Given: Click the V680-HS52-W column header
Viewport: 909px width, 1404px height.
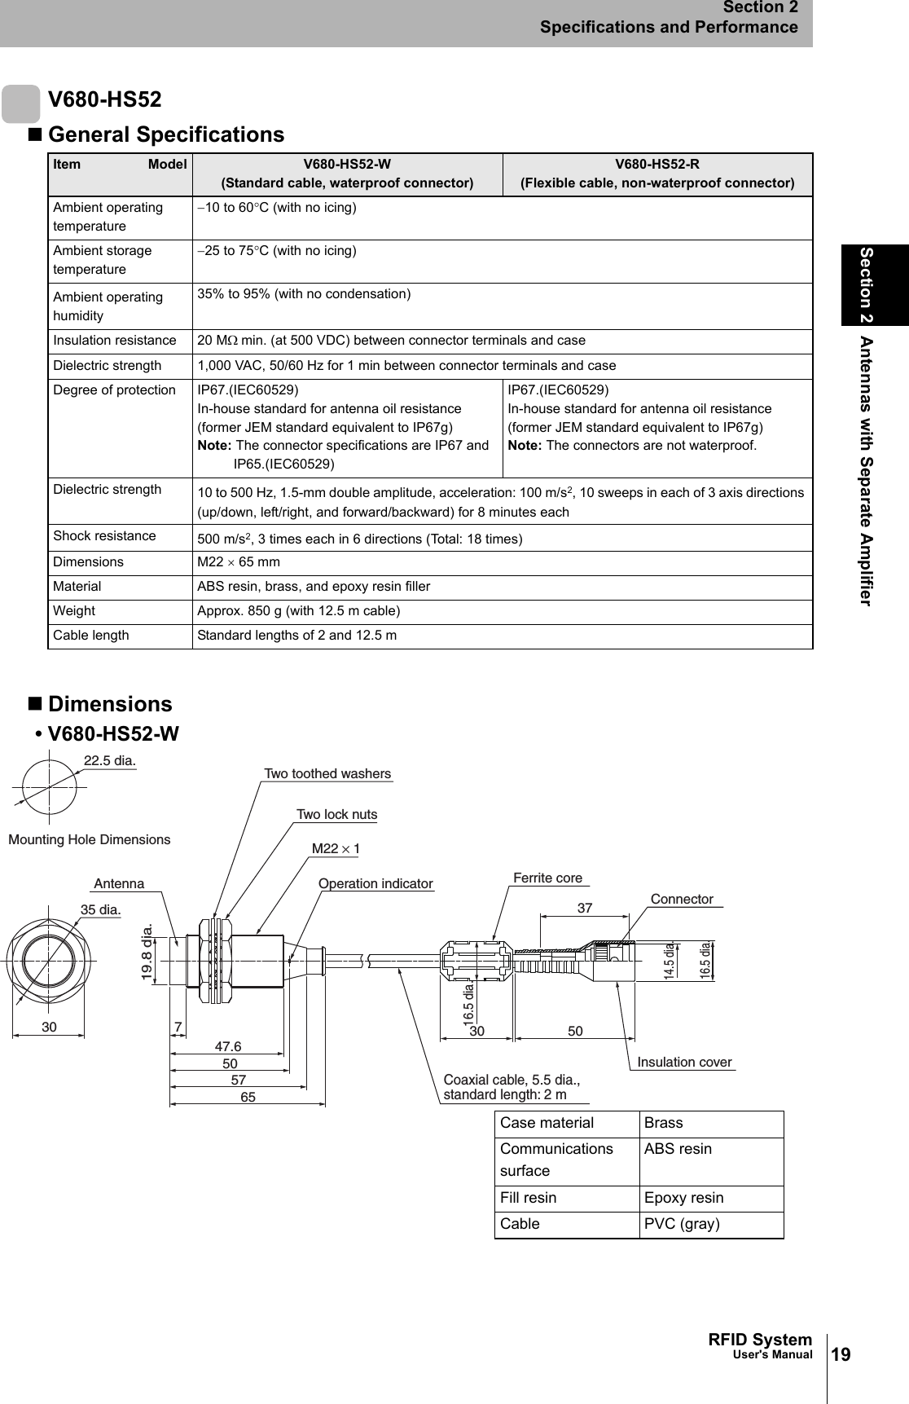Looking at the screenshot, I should (347, 173).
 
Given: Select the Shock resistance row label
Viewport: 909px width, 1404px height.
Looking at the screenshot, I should (104, 536).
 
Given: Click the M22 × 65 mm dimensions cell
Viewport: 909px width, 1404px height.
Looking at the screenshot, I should (239, 562).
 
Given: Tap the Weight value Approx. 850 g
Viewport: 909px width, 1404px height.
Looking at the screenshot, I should (298, 611).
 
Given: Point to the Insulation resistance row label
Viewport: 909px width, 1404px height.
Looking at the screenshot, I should (114, 341).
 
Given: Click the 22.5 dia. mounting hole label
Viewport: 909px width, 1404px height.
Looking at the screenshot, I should (110, 760).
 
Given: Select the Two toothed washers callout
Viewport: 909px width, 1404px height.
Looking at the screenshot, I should (327, 773).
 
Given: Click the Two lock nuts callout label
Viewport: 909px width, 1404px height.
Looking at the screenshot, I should (336, 814).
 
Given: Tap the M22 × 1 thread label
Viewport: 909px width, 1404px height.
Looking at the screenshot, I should (336, 848).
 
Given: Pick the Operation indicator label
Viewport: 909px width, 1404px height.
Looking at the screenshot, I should (375, 883).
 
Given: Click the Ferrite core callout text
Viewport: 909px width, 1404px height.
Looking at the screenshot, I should (547, 878).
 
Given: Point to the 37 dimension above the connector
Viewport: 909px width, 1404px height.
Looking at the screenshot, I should (584, 907).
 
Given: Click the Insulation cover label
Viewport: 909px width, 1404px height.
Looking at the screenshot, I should (684, 1062).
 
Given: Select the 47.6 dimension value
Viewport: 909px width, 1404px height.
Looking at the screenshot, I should (228, 1046).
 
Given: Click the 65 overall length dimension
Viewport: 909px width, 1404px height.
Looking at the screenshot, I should (248, 1098).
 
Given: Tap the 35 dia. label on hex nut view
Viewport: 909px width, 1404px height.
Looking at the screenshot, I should (100, 908).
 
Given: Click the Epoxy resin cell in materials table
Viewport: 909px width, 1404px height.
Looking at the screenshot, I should (683, 1198).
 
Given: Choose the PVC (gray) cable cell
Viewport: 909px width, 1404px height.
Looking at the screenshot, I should (682, 1224).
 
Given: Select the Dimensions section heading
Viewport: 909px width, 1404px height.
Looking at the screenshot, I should (110, 704).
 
